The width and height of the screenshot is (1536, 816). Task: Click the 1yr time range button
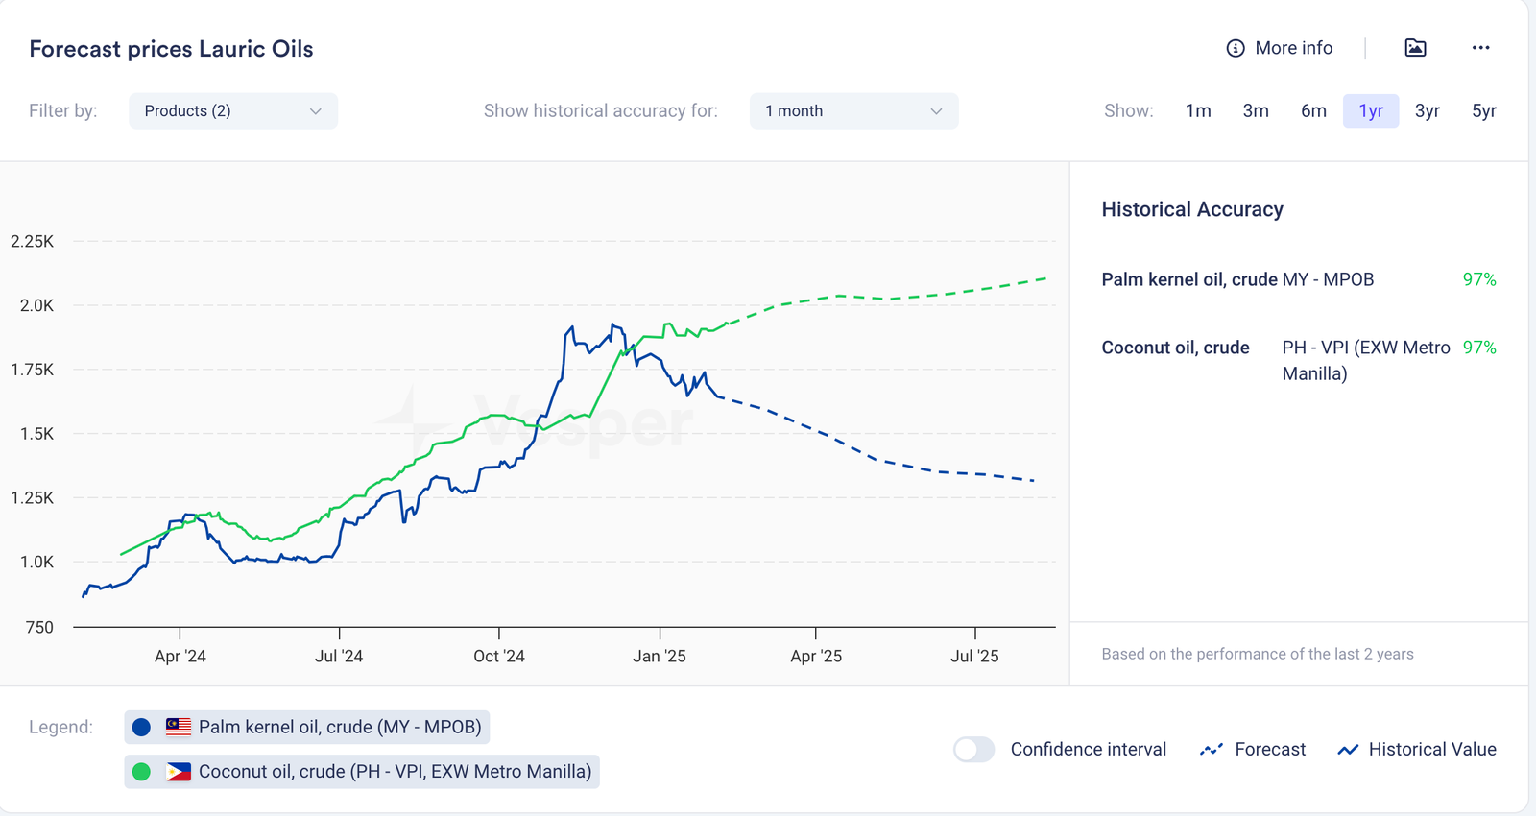[1370, 111]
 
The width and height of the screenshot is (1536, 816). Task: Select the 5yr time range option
[1483, 111]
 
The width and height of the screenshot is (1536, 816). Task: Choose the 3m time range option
[1255, 111]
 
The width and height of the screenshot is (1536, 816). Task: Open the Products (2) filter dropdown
[232, 111]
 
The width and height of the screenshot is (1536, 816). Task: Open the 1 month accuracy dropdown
[852, 111]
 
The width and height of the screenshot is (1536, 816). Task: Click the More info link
[1280, 48]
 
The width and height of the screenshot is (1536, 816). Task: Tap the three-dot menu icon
[1480, 48]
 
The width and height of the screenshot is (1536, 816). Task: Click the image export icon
[1415, 48]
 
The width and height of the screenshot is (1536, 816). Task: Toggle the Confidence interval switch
[973, 750]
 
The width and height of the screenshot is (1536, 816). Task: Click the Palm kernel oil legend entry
[307, 728]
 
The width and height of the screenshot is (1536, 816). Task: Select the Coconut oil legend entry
[362, 772]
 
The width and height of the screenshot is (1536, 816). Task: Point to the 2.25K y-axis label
[33, 242]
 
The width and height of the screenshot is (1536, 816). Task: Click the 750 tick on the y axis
[38, 628]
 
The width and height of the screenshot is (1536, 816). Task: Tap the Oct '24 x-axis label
[499, 657]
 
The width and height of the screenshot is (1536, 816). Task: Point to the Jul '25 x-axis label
[974, 657]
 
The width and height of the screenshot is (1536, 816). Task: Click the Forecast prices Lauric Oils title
[171, 49]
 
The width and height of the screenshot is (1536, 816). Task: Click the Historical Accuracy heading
[1191, 209]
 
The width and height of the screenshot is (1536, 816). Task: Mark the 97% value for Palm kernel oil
[1478, 279]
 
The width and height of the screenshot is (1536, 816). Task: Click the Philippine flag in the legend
[179, 772]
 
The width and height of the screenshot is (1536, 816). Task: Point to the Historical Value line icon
[1348, 750]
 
